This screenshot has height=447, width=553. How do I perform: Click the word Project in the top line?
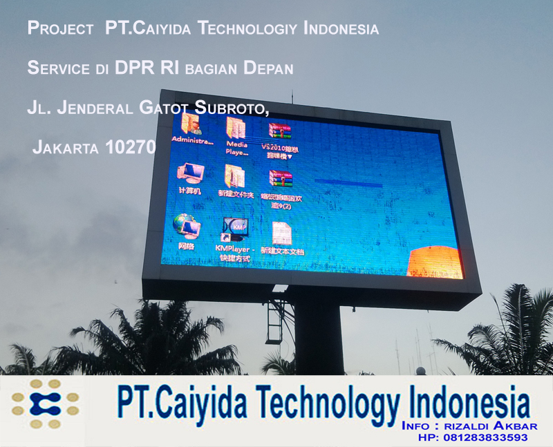60,29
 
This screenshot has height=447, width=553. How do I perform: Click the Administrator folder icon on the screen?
190,123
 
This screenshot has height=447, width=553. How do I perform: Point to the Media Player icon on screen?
236,127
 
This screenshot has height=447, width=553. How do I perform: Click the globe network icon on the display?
187,224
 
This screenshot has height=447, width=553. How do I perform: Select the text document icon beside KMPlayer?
281,233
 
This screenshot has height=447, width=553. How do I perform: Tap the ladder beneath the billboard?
277,321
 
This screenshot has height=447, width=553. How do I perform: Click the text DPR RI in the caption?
171,68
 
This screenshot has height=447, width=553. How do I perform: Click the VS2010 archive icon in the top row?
279,131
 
